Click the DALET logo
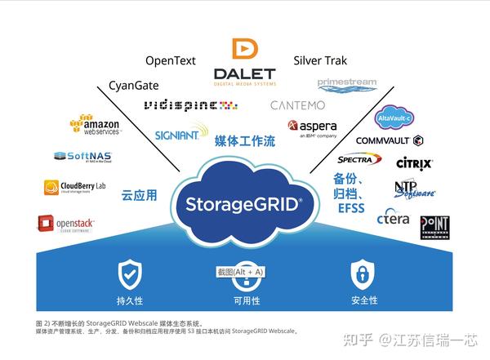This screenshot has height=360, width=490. pyautogui.click(x=244, y=63)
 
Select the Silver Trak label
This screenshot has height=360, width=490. pyautogui.click(x=319, y=60)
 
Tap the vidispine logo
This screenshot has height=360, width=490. pyautogui.click(x=190, y=105)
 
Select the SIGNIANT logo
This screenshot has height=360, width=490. pyautogui.click(x=181, y=132)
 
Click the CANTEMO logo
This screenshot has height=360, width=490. pyautogui.click(x=297, y=105)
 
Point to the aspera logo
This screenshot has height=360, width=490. pyautogui.click(x=312, y=129)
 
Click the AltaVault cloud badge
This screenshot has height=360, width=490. pyautogui.click(x=396, y=119)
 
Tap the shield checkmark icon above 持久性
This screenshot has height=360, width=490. pyautogui.click(x=130, y=273)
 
